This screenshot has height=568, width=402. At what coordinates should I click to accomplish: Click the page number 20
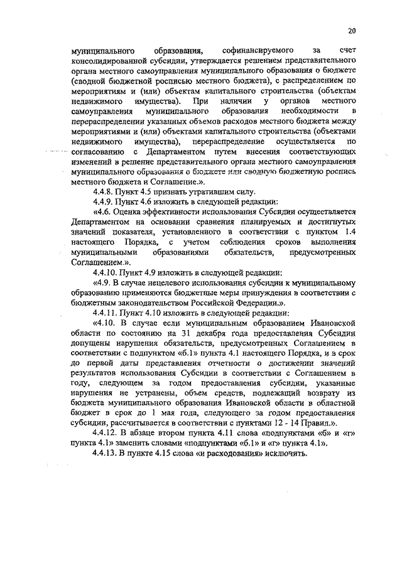coord(352,30)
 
